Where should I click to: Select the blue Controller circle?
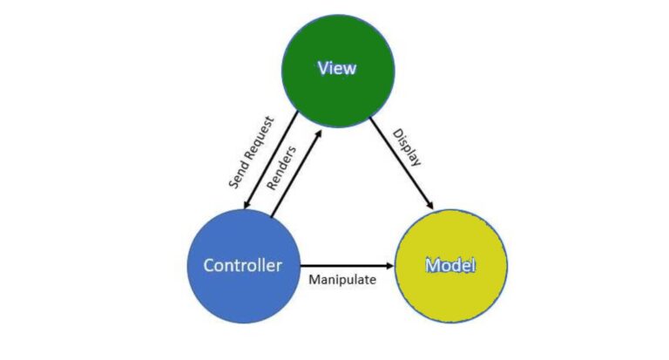[243, 265]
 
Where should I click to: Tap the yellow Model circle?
[450, 265]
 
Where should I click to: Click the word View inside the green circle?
[337, 68]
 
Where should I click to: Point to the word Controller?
[243, 265]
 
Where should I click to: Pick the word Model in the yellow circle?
[450, 265]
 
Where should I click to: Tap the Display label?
[407, 147]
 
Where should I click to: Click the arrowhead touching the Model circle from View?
[429, 204]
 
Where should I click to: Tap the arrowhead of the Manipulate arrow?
[390, 265]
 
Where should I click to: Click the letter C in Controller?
[209, 265]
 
